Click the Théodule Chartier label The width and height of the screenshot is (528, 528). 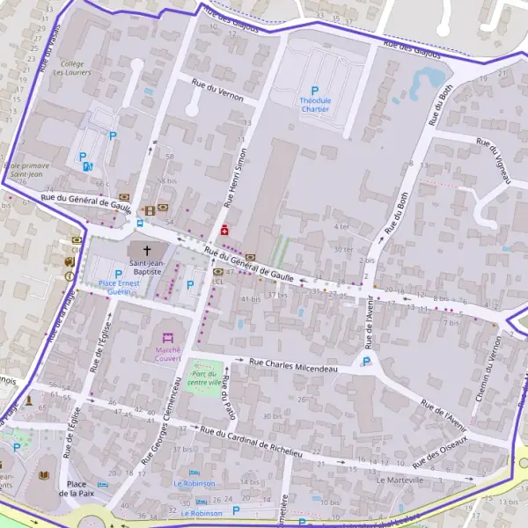pos(315,105)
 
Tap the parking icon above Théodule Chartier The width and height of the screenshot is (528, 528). pos(315,90)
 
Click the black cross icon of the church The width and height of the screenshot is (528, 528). pos(146,251)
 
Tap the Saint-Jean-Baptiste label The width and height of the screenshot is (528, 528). pos(146,268)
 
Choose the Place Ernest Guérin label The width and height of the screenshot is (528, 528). pos(119,287)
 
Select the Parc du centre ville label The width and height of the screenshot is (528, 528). pos(204,378)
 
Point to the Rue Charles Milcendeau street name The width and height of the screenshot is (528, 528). pos(293,365)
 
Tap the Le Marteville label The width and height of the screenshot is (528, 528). pos(400,480)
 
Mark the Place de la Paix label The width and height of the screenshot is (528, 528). pos(76,489)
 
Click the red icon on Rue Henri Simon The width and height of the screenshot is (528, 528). pos(224,230)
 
